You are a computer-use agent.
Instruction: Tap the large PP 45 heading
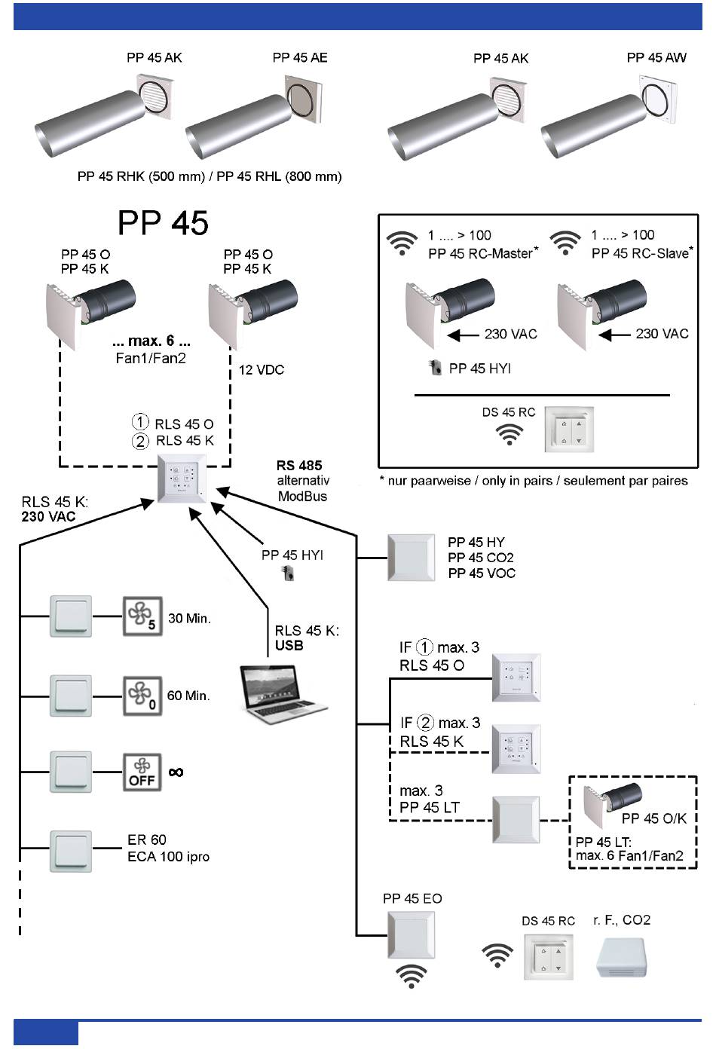click(163, 223)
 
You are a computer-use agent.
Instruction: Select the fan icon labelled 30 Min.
click(142, 616)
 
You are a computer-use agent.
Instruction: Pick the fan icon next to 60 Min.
click(142, 695)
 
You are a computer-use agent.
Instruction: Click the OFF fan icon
click(142, 772)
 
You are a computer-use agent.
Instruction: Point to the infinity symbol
click(176, 772)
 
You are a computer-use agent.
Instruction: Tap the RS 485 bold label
click(299, 466)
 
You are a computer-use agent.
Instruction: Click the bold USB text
click(289, 646)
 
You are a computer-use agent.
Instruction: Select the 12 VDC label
click(262, 370)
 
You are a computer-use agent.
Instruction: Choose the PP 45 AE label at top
click(300, 58)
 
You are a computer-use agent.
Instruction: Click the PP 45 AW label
click(656, 58)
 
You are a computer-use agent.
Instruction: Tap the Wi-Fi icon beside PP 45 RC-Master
click(402, 243)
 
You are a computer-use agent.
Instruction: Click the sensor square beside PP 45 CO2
click(411, 558)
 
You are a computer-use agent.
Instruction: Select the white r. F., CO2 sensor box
click(622, 957)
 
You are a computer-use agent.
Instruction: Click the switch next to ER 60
click(71, 851)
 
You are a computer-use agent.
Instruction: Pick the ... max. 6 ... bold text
click(151, 341)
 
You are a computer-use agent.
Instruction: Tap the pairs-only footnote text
click(534, 481)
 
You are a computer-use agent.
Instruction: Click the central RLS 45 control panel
click(181, 479)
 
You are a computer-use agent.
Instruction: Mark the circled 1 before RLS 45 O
click(140, 422)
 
